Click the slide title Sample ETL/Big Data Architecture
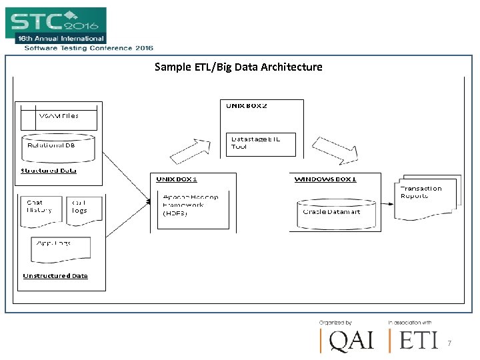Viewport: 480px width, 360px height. tap(238, 67)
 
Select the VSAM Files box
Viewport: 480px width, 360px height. tap(59, 117)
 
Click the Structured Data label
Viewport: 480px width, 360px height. tap(49, 171)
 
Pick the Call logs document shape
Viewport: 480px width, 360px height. tap(79, 207)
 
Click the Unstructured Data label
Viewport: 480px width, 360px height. tap(55, 276)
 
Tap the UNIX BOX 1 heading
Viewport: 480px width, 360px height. tap(177, 179)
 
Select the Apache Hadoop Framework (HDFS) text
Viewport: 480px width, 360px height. tap(190, 205)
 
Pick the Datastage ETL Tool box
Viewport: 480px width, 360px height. tap(261, 143)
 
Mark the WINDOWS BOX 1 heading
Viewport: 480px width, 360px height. tap(326, 179)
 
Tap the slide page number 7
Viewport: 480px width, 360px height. tap(449, 343)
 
